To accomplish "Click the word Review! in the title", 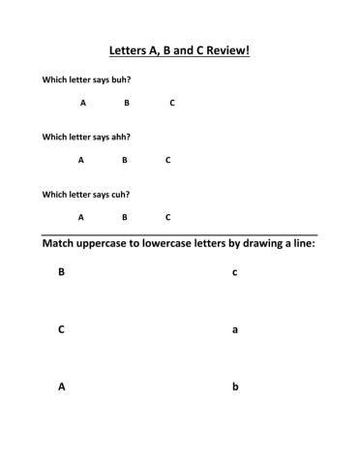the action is click(x=224, y=50).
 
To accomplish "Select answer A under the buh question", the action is click(x=83, y=103).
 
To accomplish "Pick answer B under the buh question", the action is click(x=126, y=103).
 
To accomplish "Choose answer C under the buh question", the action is click(x=172, y=103).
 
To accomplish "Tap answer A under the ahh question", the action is click(x=81, y=160).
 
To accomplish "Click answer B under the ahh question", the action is click(x=124, y=160).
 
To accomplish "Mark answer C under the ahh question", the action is click(x=167, y=160).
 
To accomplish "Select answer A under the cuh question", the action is click(x=81, y=217).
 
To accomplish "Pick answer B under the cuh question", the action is click(x=124, y=217).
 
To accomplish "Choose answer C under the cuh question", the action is click(x=167, y=217).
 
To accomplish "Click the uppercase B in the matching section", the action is click(x=61, y=272).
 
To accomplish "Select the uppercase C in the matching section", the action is click(x=61, y=329).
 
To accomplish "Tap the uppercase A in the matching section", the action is click(x=61, y=387).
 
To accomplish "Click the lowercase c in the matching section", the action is click(x=235, y=273).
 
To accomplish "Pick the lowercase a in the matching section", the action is click(x=235, y=330).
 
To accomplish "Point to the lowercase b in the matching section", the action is click(x=235, y=387).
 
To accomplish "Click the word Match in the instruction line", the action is click(x=61, y=244).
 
